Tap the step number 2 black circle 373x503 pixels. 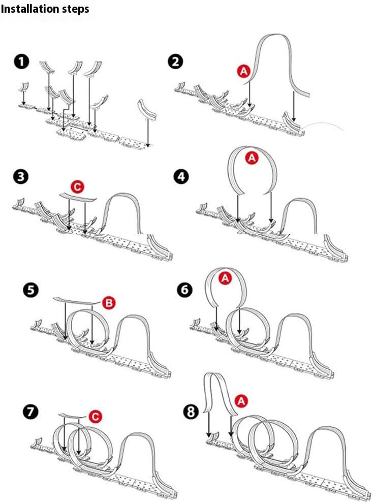(x=176, y=62)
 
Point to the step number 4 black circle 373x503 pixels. (x=181, y=177)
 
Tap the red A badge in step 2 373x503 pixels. (x=243, y=72)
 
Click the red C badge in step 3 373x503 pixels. (x=77, y=187)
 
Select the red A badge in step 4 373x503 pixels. (x=252, y=158)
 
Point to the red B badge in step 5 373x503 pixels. (x=109, y=303)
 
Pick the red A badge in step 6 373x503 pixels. (x=224, y=277)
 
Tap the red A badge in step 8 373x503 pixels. (x=241, y=401)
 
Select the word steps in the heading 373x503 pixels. (x=74, y=9)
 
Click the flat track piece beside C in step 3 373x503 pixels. (x=76, y=197)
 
